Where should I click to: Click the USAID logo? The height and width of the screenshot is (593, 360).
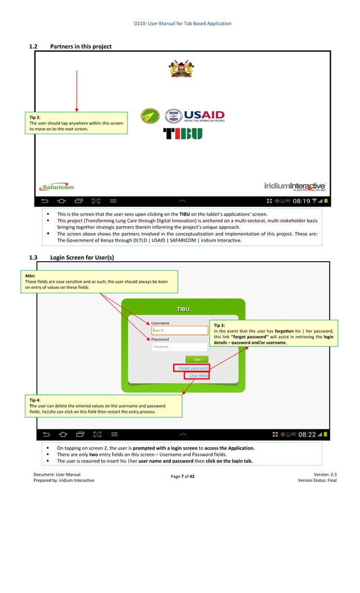coord(194,116)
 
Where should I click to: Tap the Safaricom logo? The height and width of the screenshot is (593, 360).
coord(56,187)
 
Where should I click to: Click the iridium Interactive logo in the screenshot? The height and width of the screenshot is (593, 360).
coord(295,186)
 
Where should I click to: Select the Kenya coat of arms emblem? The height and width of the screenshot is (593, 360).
coord(180,68)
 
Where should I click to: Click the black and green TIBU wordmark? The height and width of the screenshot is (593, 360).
coord(182,134)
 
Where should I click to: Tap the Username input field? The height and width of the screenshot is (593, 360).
coord(180,331)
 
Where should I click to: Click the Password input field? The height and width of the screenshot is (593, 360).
coord(180,347)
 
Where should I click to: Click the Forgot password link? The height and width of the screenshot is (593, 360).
coord(193,368)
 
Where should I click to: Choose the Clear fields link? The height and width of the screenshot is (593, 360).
coord(198,375)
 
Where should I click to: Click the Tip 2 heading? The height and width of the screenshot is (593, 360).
coord(35,117)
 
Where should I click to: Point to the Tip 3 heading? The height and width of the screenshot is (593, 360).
coord(219,326)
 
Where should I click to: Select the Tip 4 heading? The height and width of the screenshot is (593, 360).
coord(35,400)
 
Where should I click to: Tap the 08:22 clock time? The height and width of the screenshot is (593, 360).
coord(307,434)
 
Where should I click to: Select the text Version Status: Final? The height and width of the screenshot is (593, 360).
coord(317,480)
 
